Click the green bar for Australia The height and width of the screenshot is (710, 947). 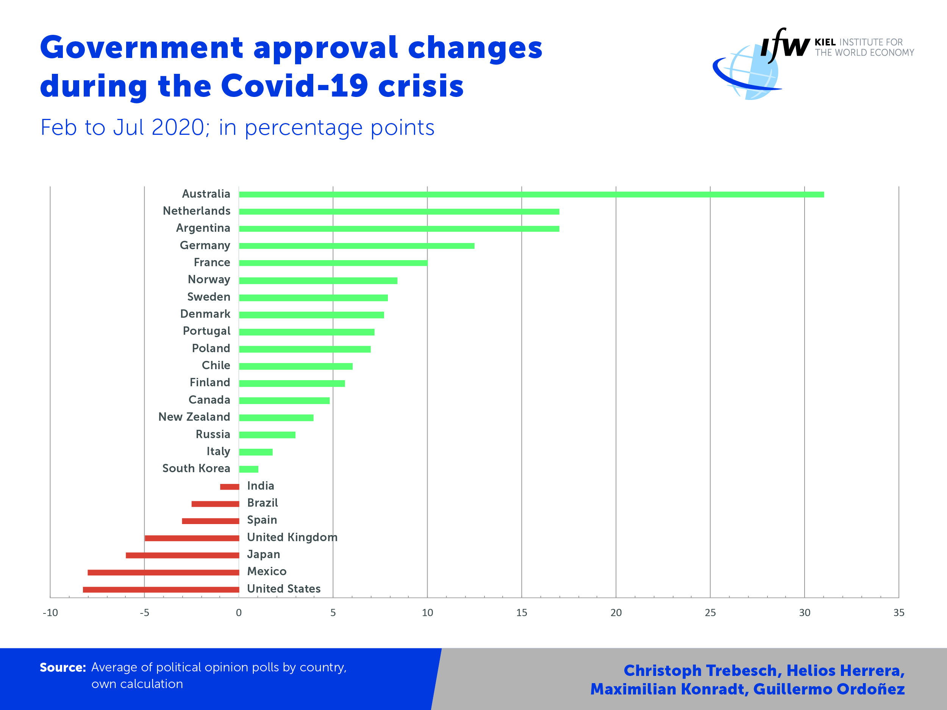(x=531, y=195)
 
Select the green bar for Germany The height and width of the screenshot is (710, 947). (x=356, y=246)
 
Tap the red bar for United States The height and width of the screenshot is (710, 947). (x=161, y=590)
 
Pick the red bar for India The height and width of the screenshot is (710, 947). (x=230, y=487)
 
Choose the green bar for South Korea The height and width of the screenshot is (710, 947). (x=249, y=469)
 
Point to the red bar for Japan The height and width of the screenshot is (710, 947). (x=182, y=556)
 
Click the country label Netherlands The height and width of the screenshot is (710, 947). (x=197, y=211)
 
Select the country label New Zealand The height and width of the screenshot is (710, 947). (x=194, y=417)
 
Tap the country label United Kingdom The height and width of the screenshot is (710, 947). (x=292, y=537)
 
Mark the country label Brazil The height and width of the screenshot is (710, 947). (x=263, y=503)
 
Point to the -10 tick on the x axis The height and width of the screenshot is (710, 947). (x=50, y=613)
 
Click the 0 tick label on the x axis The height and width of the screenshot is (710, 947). (x=239, y=613)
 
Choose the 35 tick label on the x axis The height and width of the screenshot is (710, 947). (x=899, y=613)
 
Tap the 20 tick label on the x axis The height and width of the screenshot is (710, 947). (x=616, y=613)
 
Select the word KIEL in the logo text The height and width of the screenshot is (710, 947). (x=825, y=42)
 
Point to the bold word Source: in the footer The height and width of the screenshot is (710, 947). (x=63, y=668)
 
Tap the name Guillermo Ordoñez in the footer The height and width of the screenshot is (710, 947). (x=829, y=689)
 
